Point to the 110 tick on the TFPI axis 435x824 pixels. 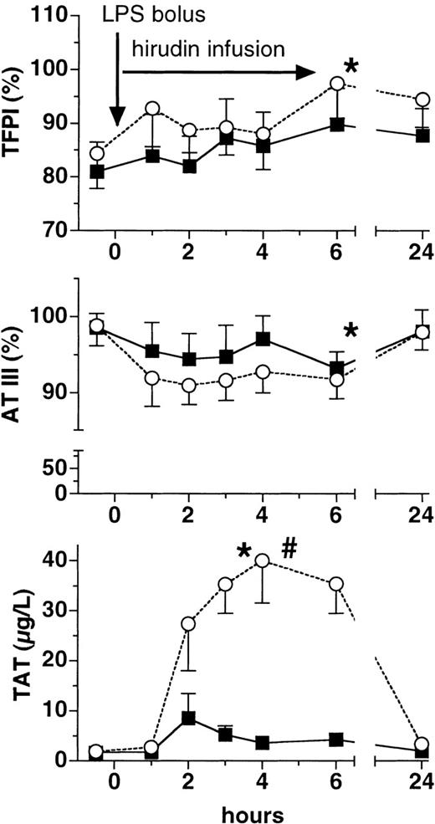(x=50, y=17)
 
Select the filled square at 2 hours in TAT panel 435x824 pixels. (x=189, y=718)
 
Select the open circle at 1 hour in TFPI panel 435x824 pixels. (x=152, y=109)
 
